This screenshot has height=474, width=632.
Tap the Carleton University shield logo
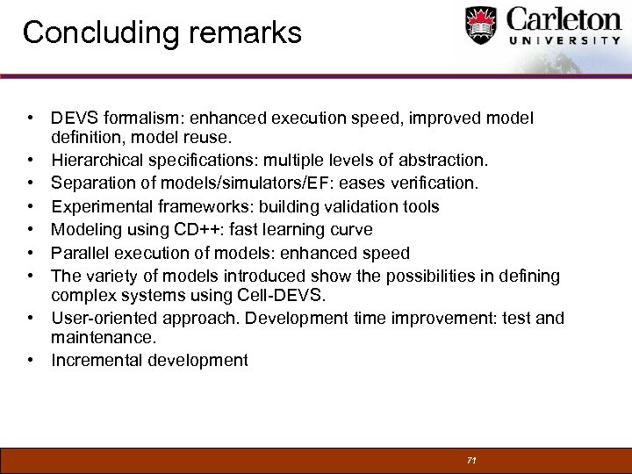[481, 26]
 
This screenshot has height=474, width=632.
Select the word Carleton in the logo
[561, 20]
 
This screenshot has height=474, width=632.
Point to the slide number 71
[471, 460]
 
